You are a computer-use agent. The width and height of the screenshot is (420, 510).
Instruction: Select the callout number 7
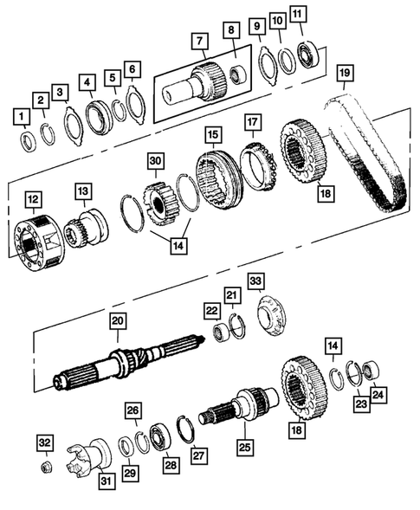200,41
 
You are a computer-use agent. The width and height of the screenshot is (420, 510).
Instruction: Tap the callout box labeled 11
298,15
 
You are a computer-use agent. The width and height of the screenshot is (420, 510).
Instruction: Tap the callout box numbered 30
155,161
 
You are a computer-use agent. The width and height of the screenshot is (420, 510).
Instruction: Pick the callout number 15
211,134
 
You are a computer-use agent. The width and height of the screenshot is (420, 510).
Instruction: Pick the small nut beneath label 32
46,468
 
